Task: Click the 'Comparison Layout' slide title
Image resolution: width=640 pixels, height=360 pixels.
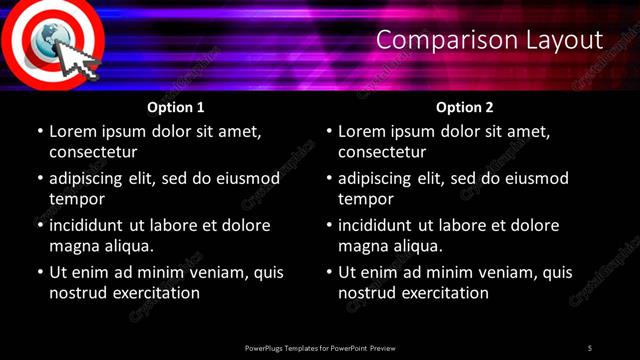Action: coord(490,41)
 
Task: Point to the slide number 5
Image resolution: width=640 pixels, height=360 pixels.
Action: coord(590,348)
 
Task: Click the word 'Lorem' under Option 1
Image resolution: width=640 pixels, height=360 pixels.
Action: coord(74,131)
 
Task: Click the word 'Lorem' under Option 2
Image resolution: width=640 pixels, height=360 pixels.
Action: coord(363,131)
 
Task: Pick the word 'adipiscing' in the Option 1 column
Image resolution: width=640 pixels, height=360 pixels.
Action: coord(94,178)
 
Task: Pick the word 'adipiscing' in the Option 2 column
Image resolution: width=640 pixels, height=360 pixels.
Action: coord(383,178)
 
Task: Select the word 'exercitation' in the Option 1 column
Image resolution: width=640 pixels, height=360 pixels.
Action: coord(155,293)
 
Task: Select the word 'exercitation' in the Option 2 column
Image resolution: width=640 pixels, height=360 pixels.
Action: coord(444,293)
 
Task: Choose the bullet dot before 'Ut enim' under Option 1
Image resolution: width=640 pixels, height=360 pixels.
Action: coord(40,272)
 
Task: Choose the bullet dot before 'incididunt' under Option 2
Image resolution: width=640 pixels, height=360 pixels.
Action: coord(329,225)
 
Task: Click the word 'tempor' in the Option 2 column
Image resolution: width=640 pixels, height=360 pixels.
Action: coord(366,199)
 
